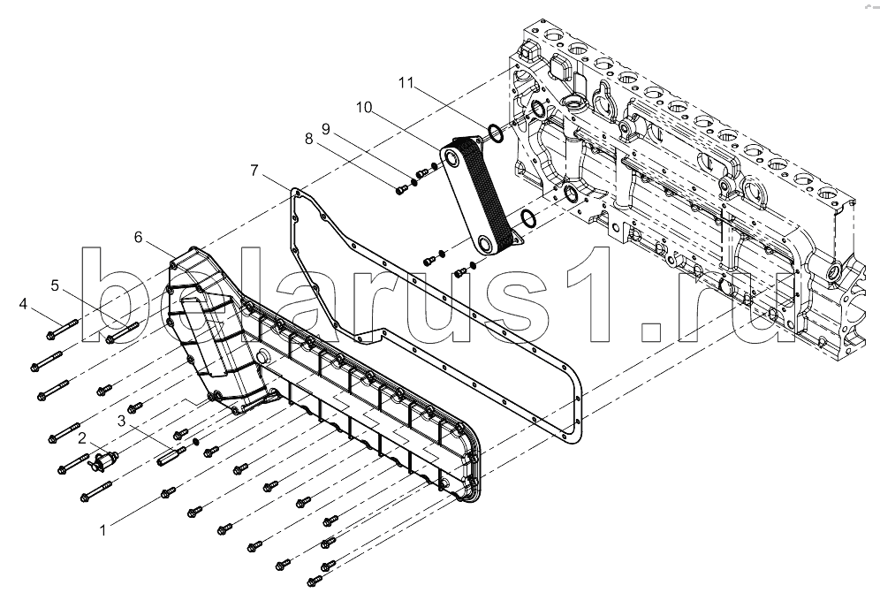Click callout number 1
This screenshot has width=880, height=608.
[x=102, y=530]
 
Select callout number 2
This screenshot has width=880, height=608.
[x=82, y=438]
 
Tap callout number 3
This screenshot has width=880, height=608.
[x=122, y=421]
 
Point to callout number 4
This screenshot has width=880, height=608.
[x=23, y=304]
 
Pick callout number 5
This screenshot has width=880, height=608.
[x=55, y=285]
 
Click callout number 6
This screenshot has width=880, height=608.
[x=139, y=237]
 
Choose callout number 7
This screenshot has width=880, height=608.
[x=254, y=170]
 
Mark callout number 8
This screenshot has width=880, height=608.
[x=308, y=139]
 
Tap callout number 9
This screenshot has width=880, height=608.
[x=326, y=128]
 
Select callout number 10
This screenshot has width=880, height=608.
[x=364, y=107]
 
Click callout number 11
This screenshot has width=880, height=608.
[x=406, y=83]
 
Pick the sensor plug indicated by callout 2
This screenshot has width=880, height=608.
[x=102, y=460]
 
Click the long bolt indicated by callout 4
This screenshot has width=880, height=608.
[x=62, y=328]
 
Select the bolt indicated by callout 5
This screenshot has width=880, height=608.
[x=122, y=331]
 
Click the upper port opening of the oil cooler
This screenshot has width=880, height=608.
[x=451, y=159]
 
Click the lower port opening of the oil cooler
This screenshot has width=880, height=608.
[x=486, y=245]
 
